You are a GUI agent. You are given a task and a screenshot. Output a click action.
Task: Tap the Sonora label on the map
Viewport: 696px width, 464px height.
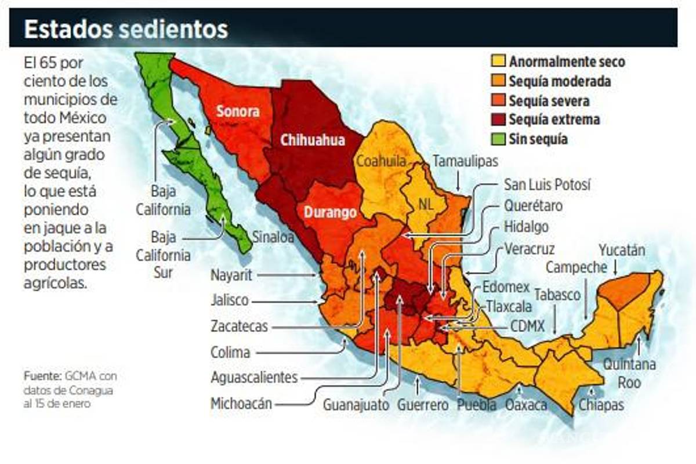(238, 111)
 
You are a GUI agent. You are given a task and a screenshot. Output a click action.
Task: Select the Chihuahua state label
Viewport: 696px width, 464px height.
(312, 140)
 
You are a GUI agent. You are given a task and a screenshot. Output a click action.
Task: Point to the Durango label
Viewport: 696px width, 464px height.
(330, 212)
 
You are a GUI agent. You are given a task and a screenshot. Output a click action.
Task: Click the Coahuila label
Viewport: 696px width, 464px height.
(380, 161)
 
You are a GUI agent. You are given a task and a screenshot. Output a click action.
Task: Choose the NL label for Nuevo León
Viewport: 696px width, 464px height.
(426, 204)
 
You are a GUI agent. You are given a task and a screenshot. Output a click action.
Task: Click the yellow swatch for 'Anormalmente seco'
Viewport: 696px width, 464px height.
(497, 61)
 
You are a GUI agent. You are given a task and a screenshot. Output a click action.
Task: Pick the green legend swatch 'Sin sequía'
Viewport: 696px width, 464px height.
(497, 139)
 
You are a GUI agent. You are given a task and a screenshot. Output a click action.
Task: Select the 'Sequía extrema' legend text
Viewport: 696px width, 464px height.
(554, 120)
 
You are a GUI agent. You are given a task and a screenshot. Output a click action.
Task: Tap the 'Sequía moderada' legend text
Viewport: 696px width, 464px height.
(559, 81)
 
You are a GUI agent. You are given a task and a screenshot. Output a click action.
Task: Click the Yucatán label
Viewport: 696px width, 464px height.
(622, 251)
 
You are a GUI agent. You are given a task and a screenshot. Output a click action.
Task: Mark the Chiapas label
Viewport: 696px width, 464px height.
(601, 404)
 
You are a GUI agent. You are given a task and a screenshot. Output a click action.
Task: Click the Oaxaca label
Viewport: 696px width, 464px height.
(526, 405)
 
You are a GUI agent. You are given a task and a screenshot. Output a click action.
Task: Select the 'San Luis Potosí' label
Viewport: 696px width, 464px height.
(547, 185)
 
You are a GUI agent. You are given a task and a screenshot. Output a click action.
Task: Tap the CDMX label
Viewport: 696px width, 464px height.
(527, 327)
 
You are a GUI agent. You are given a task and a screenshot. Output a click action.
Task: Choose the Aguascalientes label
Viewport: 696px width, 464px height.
(254, 378)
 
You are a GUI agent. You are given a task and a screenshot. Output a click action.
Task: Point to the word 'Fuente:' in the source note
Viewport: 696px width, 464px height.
(42, 375)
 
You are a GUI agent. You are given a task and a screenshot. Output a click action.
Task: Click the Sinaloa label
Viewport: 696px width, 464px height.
(273, 236)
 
